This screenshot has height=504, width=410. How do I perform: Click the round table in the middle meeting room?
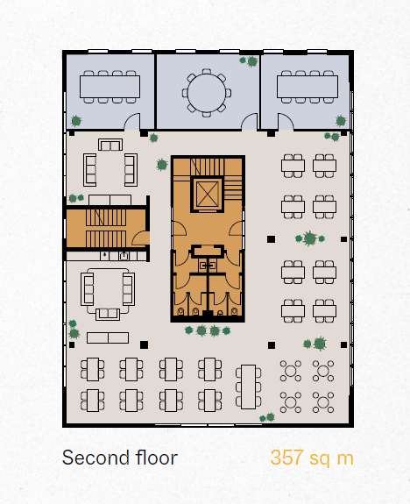click(x=207, y=93)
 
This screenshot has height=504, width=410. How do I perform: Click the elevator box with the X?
click(x=207, y=194)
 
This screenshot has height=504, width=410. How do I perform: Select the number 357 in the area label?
click(x=286, y=458)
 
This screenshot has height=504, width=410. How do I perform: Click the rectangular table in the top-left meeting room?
click(x=110, y=87)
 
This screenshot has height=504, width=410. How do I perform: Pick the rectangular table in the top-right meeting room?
click(x=307, y=87)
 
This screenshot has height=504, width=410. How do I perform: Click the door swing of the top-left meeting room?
click(x=132, y=121)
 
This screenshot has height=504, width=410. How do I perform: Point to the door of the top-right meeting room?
click(x=286, y=122)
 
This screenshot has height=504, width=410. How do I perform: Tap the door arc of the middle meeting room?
click(x=250, y=122)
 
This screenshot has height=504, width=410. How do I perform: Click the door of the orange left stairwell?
click(x=141, y=238)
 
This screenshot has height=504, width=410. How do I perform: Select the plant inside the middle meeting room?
click(x=250, y=61)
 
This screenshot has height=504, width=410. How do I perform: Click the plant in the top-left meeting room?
click(x=76, y=121)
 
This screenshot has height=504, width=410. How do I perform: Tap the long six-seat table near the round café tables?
click(x=249, y=387)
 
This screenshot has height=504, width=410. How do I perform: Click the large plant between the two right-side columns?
click(x=310, y=238)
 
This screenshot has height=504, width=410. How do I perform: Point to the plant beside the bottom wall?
click(x=267, y=417)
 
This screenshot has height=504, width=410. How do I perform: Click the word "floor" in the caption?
click(x=157, y=458)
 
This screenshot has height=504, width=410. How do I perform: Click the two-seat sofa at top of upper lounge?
click(x=110, y=145)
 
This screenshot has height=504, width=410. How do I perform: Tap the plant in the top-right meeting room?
click(x=341, y=121)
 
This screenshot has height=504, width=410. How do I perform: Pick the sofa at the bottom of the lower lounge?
click(x=108, y=314)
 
